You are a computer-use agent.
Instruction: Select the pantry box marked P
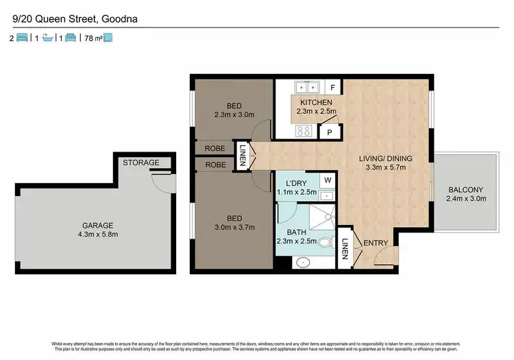pos(330,132)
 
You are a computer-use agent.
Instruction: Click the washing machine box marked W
pos(328,180)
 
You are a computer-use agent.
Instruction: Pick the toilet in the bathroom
pos(330,242)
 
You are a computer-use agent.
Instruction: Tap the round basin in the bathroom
pos(302,262)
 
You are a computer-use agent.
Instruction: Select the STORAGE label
pos(140,163)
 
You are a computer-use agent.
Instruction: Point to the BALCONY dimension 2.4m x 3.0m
pos(467,199)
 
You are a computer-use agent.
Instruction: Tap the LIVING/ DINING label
pos(386,158)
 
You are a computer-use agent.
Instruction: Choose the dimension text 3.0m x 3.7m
pos(235,227)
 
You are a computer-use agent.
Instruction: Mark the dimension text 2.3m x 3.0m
pos(235,115)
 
